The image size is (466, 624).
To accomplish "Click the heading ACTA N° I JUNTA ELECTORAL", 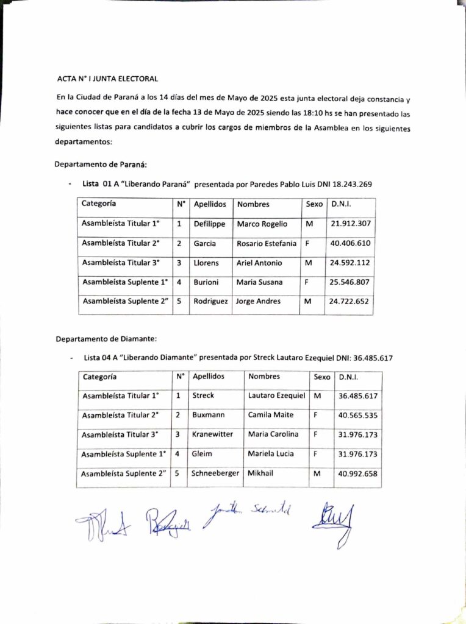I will (107, 79).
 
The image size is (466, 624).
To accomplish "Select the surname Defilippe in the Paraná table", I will (210, 224).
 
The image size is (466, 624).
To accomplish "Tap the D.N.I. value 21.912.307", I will (350, 224).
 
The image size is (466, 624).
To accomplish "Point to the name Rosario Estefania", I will (267, 243).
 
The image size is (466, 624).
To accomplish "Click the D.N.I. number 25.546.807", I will (350, 282).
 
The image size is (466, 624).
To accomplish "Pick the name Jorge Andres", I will (259, 301).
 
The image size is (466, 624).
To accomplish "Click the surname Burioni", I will (207, 282).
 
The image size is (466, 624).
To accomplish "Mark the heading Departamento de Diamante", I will (107, 338).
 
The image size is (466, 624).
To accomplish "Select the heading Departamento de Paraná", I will (101, 165).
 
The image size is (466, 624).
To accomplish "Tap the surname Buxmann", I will (209, 415).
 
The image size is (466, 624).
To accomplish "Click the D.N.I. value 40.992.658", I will (357, 473).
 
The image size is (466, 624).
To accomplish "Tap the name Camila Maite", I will (271, 415).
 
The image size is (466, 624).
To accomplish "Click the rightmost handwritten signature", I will (333, 522).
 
